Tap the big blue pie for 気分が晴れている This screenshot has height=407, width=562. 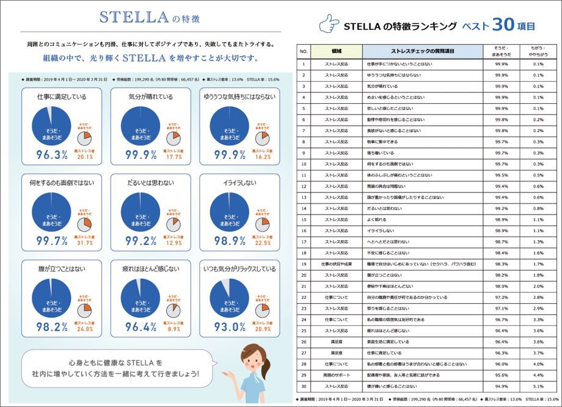pos(142,125)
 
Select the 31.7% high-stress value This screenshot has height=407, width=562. pos(84,244)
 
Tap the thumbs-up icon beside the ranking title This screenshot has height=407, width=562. pos(329,25)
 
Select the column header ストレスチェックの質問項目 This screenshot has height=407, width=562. pos(423,51)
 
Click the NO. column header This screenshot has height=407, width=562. pos(304,51)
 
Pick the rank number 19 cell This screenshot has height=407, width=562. pos(304,264)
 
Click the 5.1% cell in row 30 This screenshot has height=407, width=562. pos(538,386)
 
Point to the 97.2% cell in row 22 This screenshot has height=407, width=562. pos(502,297)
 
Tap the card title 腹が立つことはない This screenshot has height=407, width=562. pos(53,267)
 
